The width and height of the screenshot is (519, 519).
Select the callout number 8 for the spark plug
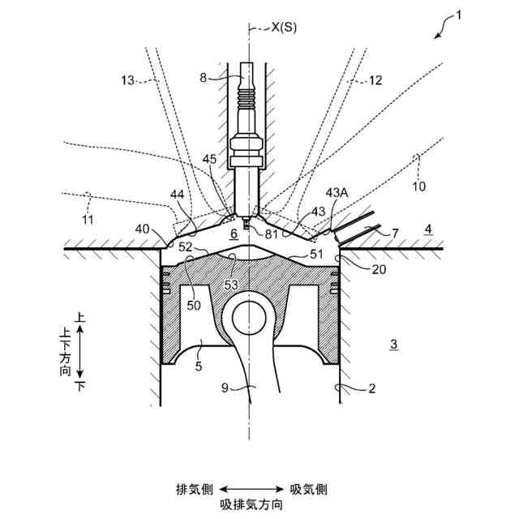tap(204, 78)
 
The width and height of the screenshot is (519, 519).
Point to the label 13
tap(127, 79)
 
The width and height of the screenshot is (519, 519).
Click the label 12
tap(375, 80)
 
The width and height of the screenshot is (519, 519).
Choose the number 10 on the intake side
tap(419, 186)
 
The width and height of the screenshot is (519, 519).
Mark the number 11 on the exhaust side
tap(88, 220)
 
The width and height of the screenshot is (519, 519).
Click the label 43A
tap(337, 192)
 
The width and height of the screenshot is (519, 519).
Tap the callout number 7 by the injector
tap(395, 234)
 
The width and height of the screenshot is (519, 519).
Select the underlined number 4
tap(428, 230)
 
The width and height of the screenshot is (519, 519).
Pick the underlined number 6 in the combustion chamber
tap(234, 234)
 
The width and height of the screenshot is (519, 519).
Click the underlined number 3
tap(393, 344)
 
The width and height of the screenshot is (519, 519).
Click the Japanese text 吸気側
tap(309, 489)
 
